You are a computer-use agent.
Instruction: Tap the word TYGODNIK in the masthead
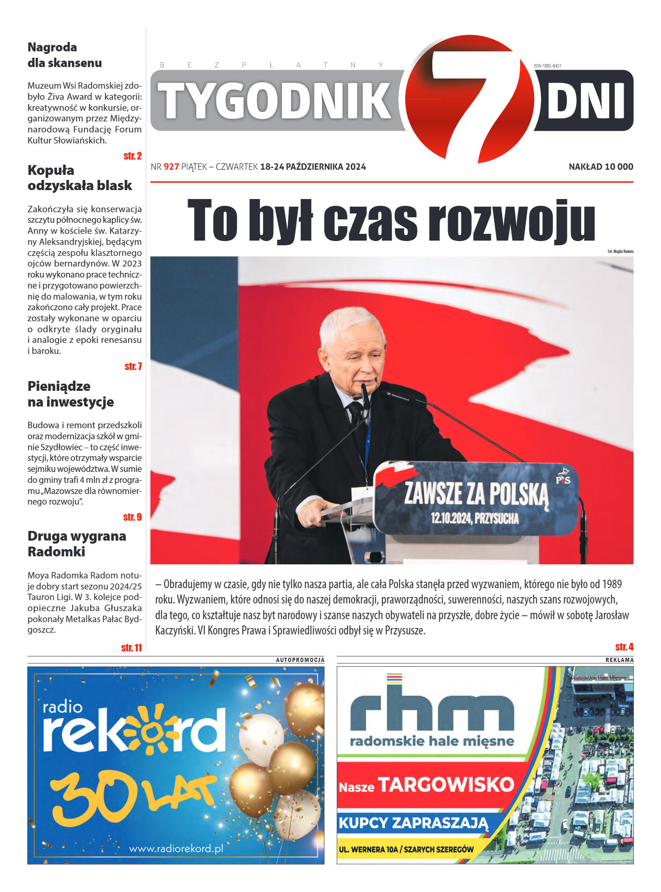point(275,101)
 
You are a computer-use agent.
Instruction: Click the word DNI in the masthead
point(586,101)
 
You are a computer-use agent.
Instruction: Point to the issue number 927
point(171,167)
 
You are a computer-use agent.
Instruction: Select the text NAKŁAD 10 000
point(600,167)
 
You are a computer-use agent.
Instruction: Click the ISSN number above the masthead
point(547,66)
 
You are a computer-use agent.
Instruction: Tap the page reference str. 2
point(132,156)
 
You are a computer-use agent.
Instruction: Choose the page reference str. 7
point(133,367)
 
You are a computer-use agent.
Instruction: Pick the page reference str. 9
point(132,517)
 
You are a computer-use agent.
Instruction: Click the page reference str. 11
point(131,648)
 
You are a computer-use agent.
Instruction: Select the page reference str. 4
point(624,647)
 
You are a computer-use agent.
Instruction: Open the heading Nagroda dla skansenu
point(64,55)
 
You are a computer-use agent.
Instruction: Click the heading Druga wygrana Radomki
point(77,544)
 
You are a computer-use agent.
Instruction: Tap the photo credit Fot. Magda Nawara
point(620,252)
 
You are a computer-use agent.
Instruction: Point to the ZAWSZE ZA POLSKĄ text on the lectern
point(476,494)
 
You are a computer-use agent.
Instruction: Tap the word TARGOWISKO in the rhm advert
point(446,785)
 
